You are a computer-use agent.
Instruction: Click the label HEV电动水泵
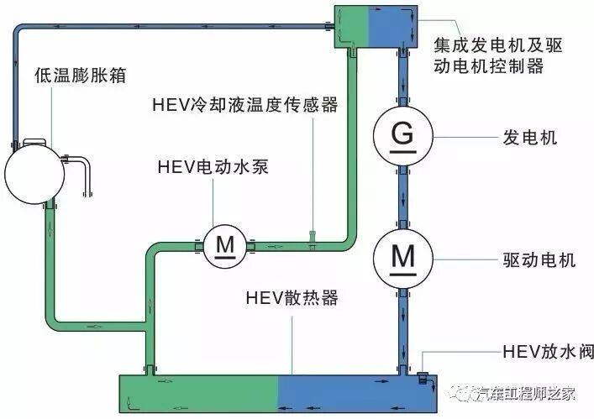tap(214, 166)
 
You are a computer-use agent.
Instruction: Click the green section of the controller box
tap(351, 24)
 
